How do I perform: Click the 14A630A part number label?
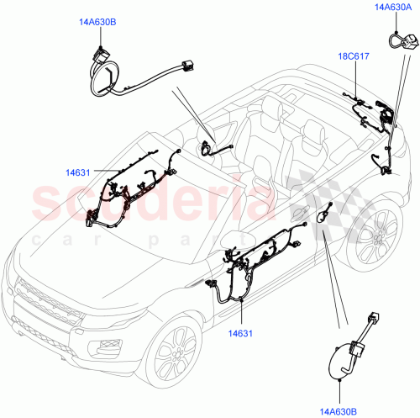coord(393,9)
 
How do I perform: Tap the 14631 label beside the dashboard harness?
coord(79,173)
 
